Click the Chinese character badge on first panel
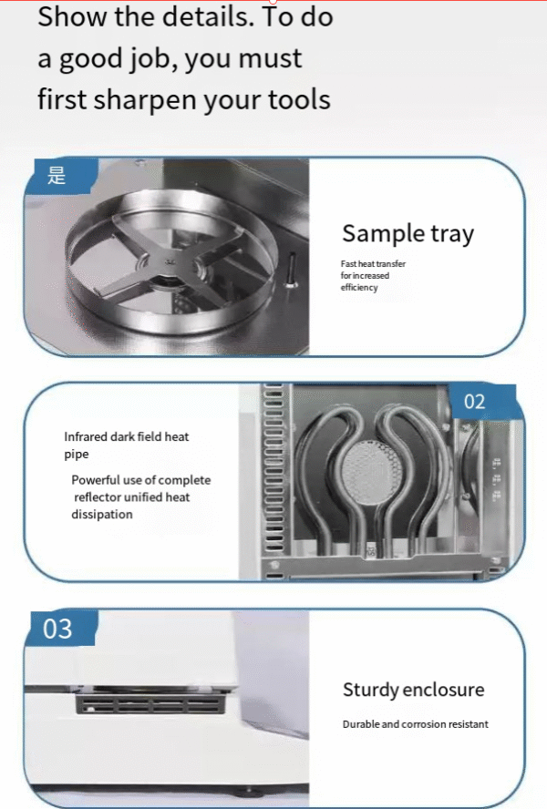coord(61,176)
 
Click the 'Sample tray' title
coord(408,234)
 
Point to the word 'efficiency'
coord(359,287)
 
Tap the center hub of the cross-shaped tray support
coord(170,262)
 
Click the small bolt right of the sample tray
coord(291,269)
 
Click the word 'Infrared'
coord(86,436)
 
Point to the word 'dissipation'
coord(102,515)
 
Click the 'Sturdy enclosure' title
coord(413,690)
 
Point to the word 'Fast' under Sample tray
coord(348,263)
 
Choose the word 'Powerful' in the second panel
coord(96,480)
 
